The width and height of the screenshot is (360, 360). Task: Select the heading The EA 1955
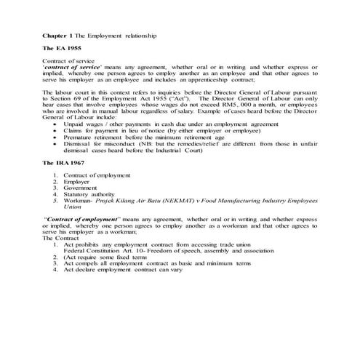pyautogui.click(x=62, y=48)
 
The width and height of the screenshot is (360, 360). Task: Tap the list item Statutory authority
pyautogui.click(x=87, y=194)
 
